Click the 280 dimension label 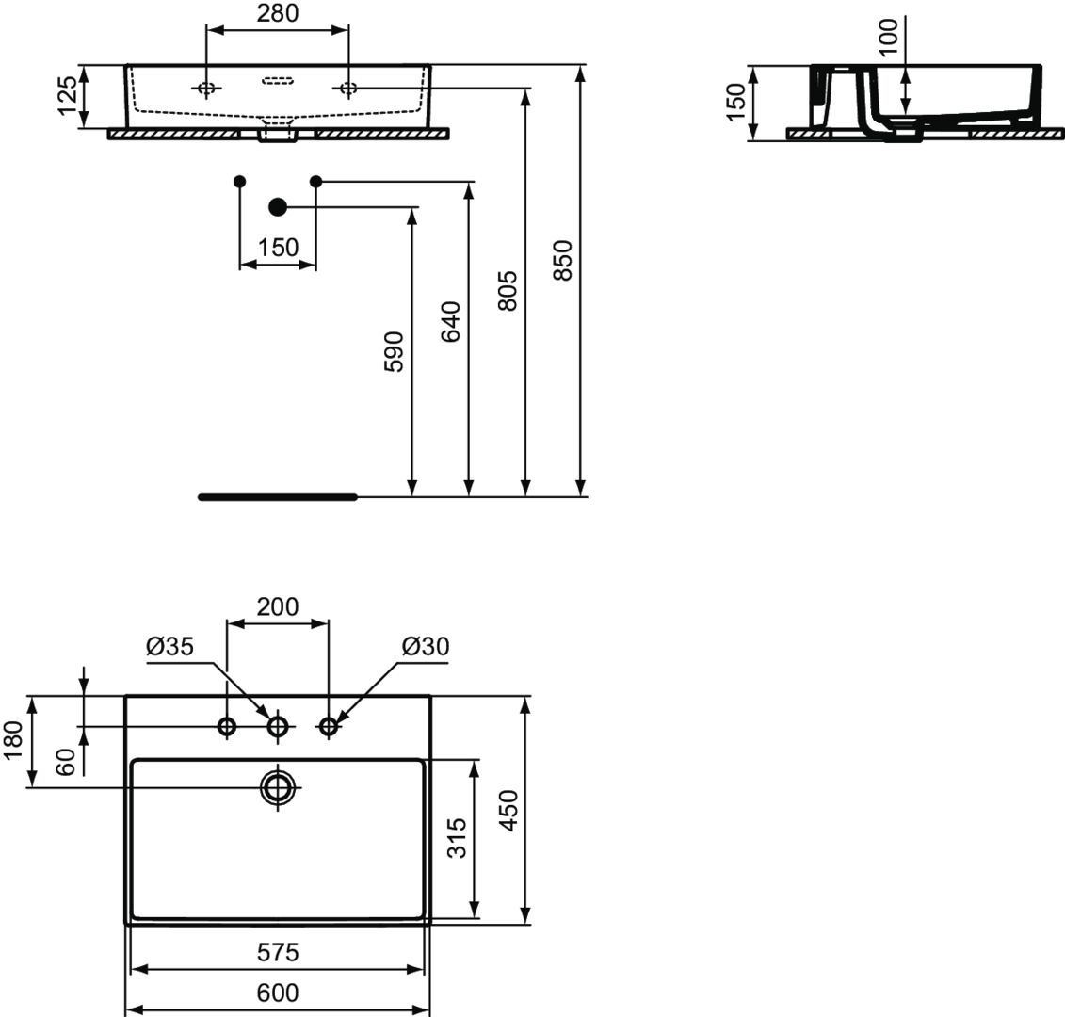(277, 13)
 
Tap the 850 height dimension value (563, 260)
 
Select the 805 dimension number (508, 291)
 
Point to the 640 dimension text (451, 321)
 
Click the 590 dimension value (394, 351)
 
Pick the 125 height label (67, 96)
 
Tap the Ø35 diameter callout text (169, 646)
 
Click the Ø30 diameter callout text (426, 646)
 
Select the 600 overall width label (278, 993)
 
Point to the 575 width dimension (278, 952)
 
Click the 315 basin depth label (457, 838)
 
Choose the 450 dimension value (508, 810)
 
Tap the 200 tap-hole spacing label (277, 606)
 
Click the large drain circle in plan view (278, 787)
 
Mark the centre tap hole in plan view (278, 727)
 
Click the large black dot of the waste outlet (278, 206)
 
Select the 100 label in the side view (888, 36)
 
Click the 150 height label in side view (736, 103)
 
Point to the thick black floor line (278, 497)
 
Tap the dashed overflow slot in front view (278, 82)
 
